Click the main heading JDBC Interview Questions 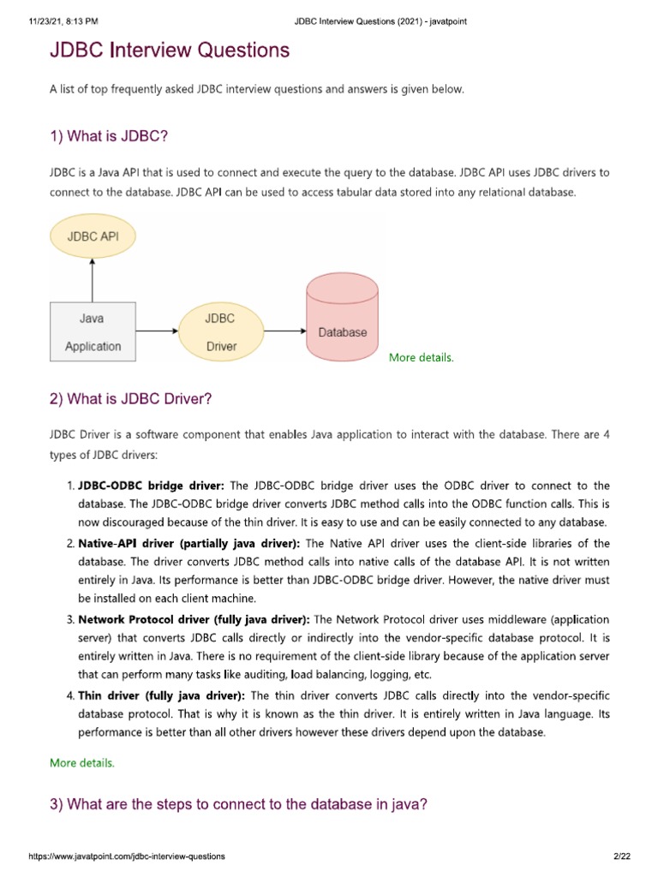pyautogui.click(x=170, y=51)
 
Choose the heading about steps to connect pyautogui.click(x=238, y=804)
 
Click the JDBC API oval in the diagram pyautogui.click(x=93, y=236)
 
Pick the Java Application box pyautogui.click(x=93, y=332)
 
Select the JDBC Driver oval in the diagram pyautogui.click(x=220, y=332)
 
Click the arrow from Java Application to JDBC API pyautogui.click(x=93, y=279)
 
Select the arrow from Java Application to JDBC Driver pyautogui.click(x=157, y=331)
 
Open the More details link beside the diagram pyautogui.click(x=421, y=358)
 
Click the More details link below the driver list pyautogui.click(x=81, y=762)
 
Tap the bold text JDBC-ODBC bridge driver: pyautogui.click(x=151, y=486)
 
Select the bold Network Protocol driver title pyautogui.click(x=194, y=618)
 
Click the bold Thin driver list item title pyautogui.click(x=161, y=695)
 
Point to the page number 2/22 pyautogui.click(x=621, y=856)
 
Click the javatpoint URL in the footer pyautogui.click(x=127, y=856)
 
